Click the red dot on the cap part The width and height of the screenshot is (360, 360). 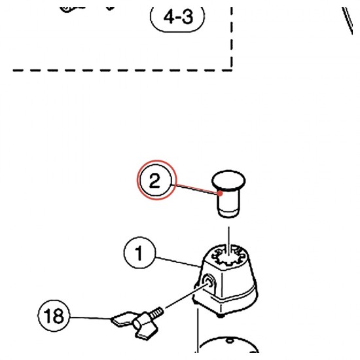coord(220,193)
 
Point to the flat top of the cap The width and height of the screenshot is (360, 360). coord(228,179)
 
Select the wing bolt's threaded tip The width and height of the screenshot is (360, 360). coord(157,312)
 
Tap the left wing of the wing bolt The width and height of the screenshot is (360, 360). coord(122,319)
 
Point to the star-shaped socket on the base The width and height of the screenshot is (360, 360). coord(229,257)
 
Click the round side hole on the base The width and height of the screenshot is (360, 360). coord(208,281)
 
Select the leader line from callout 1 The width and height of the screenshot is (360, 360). coord(178,262)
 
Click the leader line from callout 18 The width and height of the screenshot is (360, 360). coord(90,317)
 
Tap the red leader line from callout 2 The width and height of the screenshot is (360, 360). coord(196,189)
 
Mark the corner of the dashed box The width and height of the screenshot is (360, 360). coord(232,70)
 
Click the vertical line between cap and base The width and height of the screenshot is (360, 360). coord(228,240)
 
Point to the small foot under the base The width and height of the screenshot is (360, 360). coord(221,315)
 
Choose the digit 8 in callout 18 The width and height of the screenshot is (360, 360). coord(58,316)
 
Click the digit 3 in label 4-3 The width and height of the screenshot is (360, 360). coord(187,17)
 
